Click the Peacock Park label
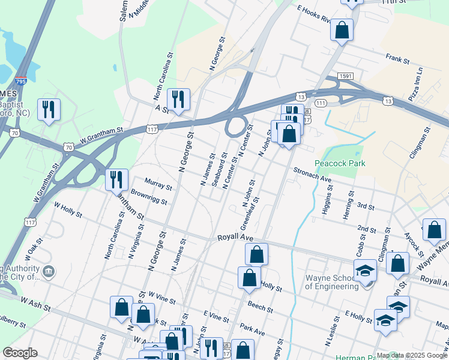[x=340, y=163]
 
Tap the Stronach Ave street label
[x=312, y=175]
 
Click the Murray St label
[x=158, y=184]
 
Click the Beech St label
[x=261, y=310]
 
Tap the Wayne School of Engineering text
[x=332, y=282]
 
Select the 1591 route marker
[x=345, y=76]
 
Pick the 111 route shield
[x=321, y=104]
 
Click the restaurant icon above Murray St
[x=116, y=179]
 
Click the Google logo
[x=20, y=353]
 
